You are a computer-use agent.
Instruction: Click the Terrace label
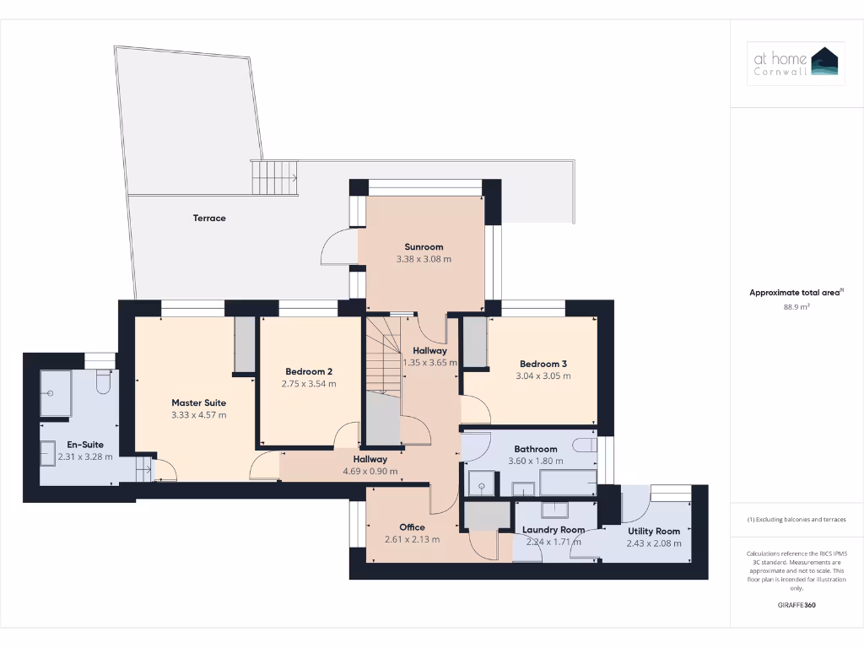coord(209,218)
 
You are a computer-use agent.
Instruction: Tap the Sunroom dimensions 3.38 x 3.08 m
coord(424,259)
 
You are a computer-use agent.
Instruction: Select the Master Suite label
coord(199,402)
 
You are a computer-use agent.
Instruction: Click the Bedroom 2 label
coord(309,371)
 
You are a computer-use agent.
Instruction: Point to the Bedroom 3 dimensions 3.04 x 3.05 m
coord(543,375)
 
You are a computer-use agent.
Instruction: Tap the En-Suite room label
coord(86,444)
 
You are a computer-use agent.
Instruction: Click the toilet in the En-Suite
coord(104,383)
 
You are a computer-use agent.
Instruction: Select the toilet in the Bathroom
coord(584,445)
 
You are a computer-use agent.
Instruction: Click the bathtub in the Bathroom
coord(567,483)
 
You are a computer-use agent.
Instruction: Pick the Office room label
coord(412,527)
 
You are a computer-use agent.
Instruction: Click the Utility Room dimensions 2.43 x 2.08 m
coord(653,544)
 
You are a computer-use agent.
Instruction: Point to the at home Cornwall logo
coord(796,64)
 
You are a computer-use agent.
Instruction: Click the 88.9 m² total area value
coord(796,307)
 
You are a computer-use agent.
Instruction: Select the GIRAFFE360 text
coord(796,605)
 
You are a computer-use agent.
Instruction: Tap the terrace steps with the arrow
coord(274,178)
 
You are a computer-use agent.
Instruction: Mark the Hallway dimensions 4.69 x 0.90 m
coord(370,471)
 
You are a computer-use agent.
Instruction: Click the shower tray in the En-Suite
coord(56,393)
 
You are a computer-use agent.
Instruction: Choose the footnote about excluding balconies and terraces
coord(796,520)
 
